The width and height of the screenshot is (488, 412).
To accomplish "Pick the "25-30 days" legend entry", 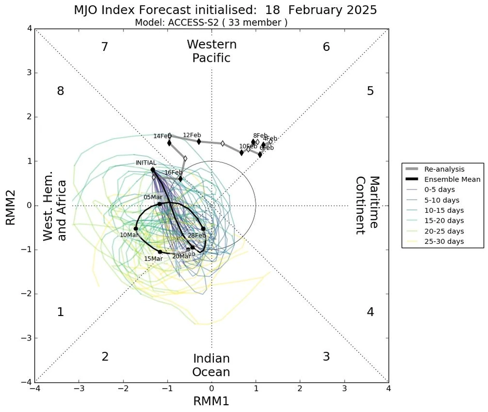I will click(x=444, y=242).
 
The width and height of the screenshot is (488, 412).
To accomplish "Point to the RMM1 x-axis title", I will click(x=211, y=401).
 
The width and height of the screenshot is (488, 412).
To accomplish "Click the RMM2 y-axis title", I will click(x=10, y=206).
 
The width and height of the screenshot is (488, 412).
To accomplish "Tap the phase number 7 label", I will click(x=105, y=47).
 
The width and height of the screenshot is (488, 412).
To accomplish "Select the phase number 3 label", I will click(x=326, y=357).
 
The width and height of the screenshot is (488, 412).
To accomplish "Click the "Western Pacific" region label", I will click(x=211, y=51).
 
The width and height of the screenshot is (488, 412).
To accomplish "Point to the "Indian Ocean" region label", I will click(x=211, y=365).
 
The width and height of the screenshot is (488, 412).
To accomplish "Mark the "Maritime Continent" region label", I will click(x=367, y=206).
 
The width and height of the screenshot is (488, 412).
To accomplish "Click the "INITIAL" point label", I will click(x=146, y=163).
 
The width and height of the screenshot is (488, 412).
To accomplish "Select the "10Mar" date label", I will click(x=129, y=235).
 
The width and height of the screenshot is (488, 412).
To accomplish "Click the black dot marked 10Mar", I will click(x=136, y=228).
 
